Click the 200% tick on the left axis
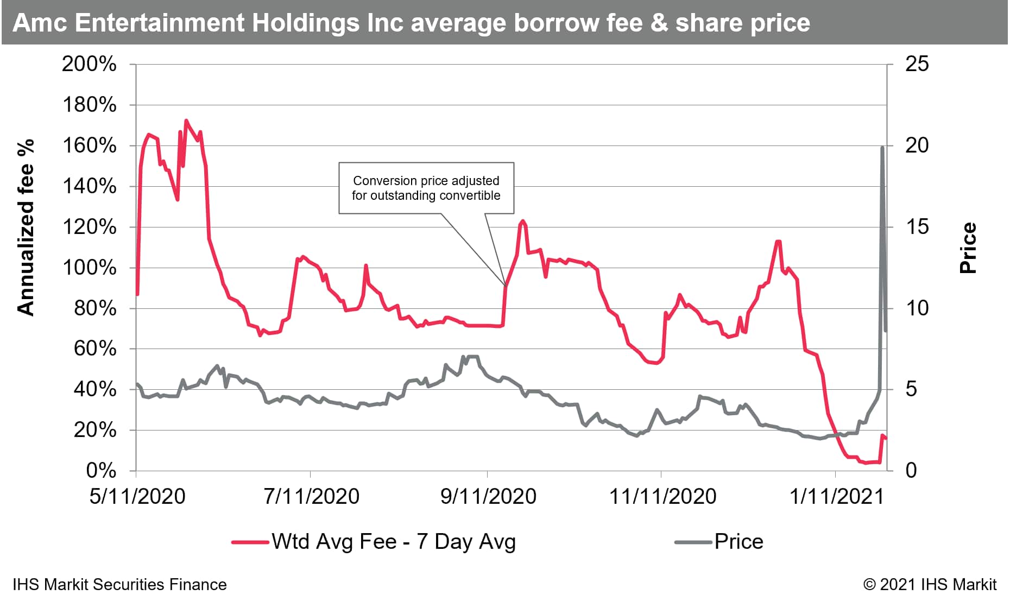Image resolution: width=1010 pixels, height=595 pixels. point(89,65)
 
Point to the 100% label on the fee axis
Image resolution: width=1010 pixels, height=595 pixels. point(89,268)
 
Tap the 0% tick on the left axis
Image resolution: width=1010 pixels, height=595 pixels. point(101,471)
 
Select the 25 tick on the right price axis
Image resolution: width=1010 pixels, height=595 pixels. point(917,65)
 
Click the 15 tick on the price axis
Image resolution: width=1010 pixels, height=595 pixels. point(917,227)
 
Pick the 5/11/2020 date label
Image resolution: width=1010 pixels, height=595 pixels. point(137,497)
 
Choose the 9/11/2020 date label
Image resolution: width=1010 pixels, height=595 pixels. point(488,497)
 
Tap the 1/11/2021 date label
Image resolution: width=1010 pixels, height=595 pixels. point(837,497)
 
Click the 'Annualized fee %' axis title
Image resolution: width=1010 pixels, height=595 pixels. point(26,227)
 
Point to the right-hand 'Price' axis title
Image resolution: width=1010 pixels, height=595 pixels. point(968,248)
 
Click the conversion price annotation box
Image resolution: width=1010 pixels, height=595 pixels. point(426,188)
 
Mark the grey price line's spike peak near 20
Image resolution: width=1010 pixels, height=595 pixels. point(882,147)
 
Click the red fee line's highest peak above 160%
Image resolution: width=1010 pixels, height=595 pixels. point(186,121)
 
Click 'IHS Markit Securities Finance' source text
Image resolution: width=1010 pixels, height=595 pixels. point(119,585)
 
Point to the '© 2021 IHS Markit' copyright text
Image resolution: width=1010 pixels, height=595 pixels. point(930,585)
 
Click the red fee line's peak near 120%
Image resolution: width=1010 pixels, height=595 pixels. point(522,221)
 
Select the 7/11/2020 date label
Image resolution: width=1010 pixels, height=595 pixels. point(312,497)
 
